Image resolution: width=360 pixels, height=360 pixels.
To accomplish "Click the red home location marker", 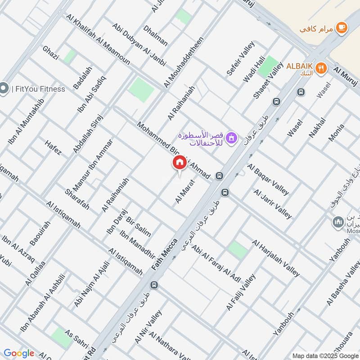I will tap(179, 163).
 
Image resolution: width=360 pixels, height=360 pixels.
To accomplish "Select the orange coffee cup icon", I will tap(342, 28).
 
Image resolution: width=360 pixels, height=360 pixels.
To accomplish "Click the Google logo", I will tap(19, 353).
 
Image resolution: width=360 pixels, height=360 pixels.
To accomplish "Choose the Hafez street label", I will tap(53, 148).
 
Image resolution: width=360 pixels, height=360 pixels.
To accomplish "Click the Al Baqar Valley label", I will tap(268, 180).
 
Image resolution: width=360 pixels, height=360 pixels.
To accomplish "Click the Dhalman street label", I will tap(155, 36).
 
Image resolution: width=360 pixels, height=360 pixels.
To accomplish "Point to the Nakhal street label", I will tap(317, 128).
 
